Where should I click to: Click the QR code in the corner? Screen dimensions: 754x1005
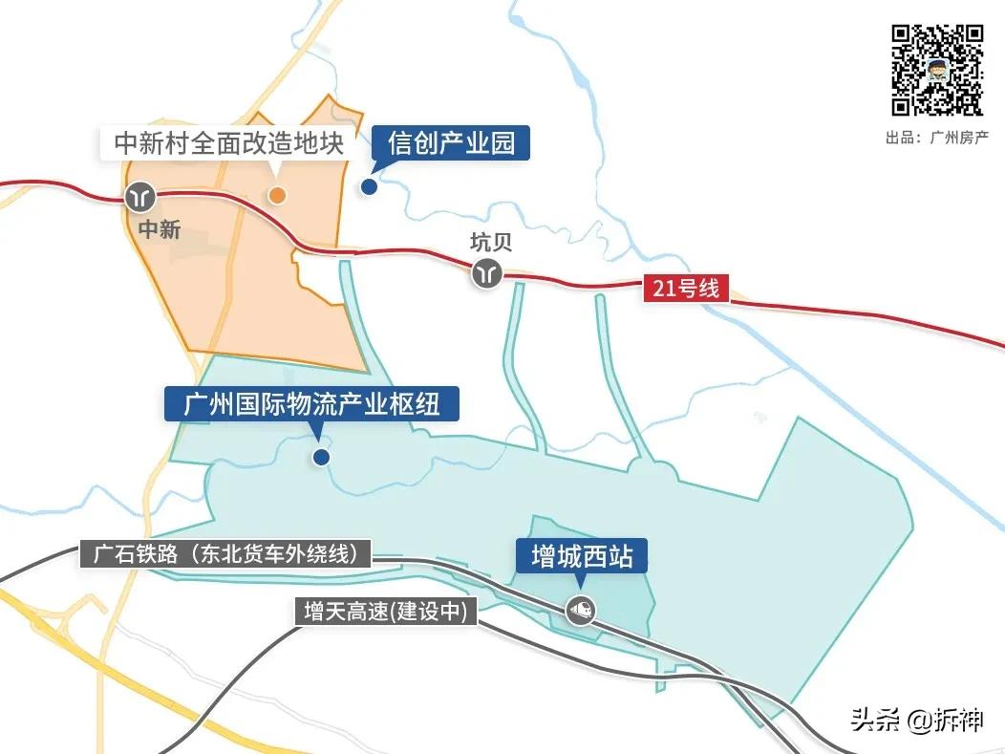tap(937, 70)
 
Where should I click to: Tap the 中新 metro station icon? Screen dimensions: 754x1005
tap(141, 197)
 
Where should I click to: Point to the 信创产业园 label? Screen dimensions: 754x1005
tap(451, 143)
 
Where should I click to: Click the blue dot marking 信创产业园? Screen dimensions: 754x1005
tap(369, 186)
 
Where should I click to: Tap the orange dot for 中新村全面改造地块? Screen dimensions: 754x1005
tap(276, 195)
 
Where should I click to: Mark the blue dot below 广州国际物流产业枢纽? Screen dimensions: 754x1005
tap(321, 457)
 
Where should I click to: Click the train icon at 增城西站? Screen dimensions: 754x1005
tap(579, 609)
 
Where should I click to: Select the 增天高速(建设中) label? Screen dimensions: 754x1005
tap(385, 613)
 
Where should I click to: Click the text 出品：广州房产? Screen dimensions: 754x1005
tap(936, 138)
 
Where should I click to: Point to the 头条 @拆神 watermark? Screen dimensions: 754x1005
tap(916, 720)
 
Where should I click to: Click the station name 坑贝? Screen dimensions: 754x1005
tap(491, 242)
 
